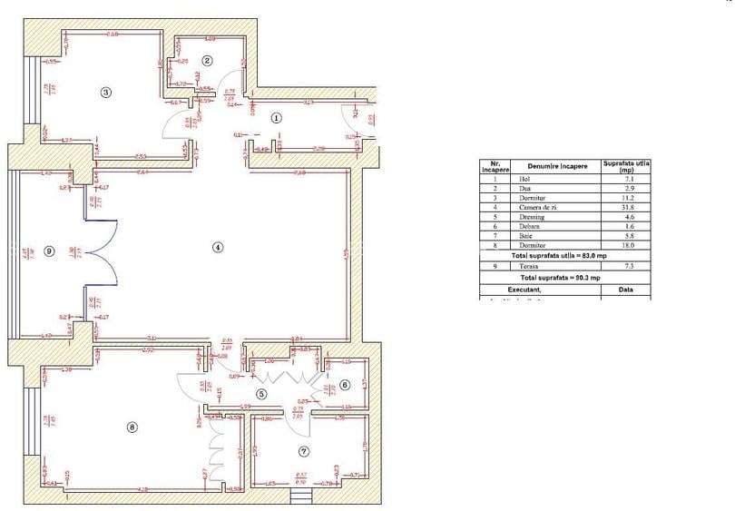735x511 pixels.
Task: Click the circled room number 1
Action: click(277, 117)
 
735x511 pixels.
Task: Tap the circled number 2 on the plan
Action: click(207, 61)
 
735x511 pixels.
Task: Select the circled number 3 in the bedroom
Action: click(105, 92)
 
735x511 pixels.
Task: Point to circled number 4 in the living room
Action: click(218, 247)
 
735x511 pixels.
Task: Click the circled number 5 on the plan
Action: click(261, 394)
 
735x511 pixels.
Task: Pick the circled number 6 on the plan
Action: click(345, 385)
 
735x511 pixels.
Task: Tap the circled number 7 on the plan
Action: click(304, 451)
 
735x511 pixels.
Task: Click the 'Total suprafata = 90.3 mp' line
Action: click(561, 277)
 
